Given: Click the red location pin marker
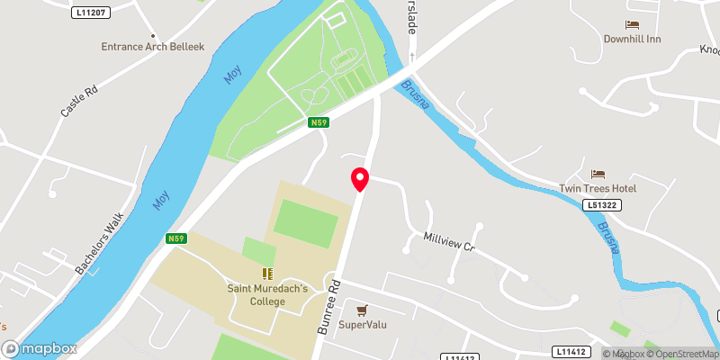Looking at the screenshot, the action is click(360, 179).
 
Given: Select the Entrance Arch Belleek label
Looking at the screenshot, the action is click(153, 46).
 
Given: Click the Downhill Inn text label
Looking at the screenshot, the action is click(633, 40).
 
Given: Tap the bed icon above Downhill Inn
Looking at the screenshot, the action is click(632, 24).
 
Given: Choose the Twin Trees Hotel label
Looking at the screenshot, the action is click(598, 188).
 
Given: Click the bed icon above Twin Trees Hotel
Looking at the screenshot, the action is click(598, 173).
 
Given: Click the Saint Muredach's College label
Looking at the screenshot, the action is click(267, 295).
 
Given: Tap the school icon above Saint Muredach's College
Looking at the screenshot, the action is click(267, 273).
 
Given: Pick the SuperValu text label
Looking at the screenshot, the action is click(362, 325).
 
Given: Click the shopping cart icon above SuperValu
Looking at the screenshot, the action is click(362, 310).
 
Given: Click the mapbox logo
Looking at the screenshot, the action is click(40, 348).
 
